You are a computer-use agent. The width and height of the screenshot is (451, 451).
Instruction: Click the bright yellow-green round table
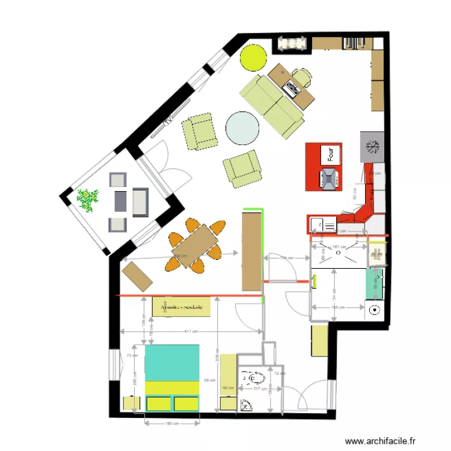(x=253, y=57)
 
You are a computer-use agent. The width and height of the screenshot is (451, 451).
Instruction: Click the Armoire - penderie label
(x=182, y=307)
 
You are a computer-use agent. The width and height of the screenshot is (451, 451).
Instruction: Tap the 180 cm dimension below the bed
(x=172, y=423)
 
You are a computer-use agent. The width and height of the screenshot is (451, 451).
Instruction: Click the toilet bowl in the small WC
(x=256, y=379)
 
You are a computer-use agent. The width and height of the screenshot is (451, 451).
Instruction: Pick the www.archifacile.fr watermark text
(x=381, y=441)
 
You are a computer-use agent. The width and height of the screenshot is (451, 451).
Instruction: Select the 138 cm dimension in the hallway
(x=286, y=259)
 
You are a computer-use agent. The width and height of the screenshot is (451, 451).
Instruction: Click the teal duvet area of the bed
(x=173, y=362)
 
